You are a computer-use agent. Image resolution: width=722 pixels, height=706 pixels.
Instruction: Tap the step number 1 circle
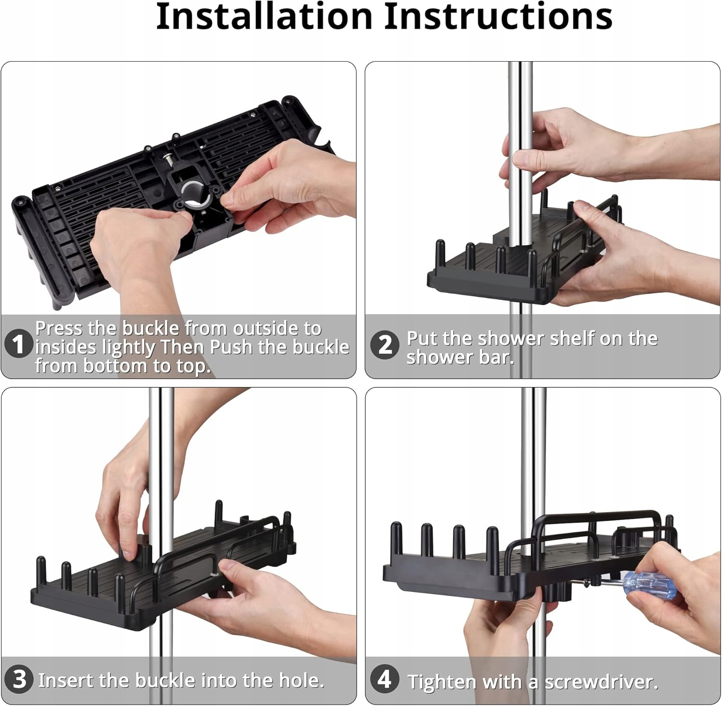18,345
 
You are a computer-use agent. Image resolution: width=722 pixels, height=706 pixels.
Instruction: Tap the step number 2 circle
385,345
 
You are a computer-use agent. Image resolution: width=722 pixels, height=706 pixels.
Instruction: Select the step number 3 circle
19,679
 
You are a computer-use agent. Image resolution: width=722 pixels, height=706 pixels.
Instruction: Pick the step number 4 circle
385,679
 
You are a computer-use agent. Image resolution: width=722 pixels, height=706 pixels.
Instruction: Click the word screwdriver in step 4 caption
600,681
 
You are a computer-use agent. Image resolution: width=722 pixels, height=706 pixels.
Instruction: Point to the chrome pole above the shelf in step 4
534,452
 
